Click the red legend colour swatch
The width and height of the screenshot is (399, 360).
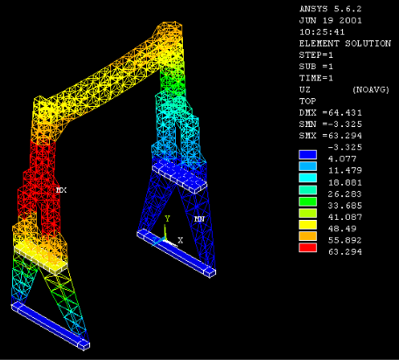point(308,248)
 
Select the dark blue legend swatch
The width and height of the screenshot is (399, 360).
point(308,154)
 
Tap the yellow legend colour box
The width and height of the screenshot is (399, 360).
point(308,224)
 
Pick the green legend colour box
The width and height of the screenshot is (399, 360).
point(308,201)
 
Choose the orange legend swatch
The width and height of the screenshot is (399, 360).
point(308,236)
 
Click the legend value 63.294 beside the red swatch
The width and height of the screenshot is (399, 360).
point(345,252)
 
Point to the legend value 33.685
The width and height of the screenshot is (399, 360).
point(345,206)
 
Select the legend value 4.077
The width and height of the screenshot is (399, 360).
point(342,159)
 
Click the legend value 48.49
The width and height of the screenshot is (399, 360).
point(342,229)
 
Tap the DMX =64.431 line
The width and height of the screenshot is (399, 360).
point(331,113)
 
